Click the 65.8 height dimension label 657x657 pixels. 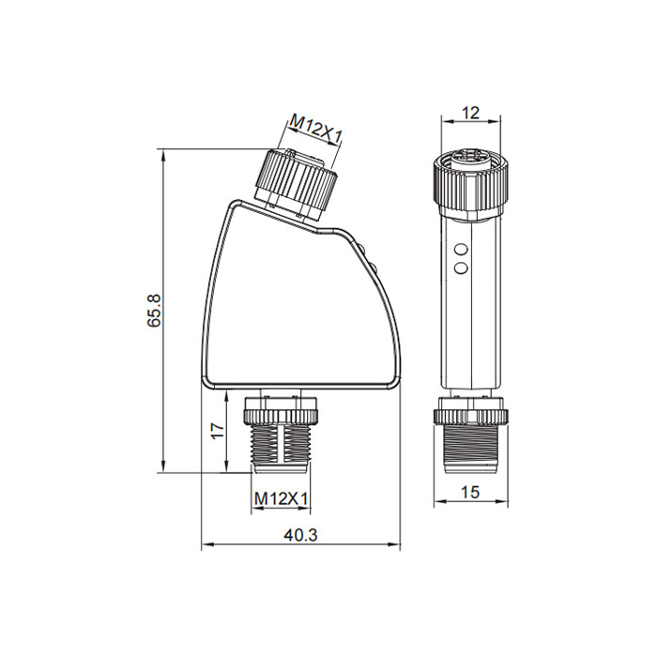(155, 311)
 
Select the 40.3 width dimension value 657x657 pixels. (300, 535)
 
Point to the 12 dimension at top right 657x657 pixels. (470, 113)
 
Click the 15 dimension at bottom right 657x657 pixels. (470, 492)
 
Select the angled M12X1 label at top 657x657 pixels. (315, 130)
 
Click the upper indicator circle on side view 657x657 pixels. (461, 250)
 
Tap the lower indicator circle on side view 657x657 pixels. (461, 269)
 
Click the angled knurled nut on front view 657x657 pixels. (296, 180)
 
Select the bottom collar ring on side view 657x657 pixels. (470, 411)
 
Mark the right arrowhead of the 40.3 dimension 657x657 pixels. (397, 544)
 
